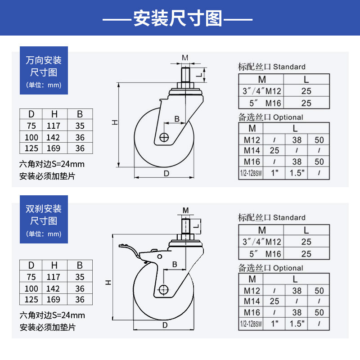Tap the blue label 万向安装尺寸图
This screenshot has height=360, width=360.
point(44,66)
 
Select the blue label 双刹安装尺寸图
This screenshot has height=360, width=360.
point(44,215)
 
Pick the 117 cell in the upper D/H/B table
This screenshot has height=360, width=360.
point(53,126)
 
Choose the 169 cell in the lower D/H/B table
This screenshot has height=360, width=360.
point(53,299)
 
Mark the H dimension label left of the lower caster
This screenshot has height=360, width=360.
point(108,282)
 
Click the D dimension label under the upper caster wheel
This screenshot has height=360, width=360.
point(166,173)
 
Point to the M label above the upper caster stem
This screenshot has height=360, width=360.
point(185,58)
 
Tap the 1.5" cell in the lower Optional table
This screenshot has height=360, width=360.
point(297,323)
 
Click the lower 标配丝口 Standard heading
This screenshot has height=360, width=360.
point(271,217)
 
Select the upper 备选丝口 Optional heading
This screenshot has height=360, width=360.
point(270,117)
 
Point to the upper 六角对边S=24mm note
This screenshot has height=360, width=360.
point(52,164)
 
